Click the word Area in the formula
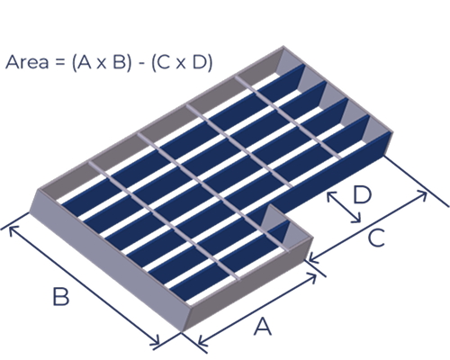[27, 62]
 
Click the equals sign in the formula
[59, 63]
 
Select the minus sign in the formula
[141, 63]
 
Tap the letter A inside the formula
[85, 62]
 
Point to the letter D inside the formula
[199, 62]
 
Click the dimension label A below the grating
[263, 327]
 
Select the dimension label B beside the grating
[61, 297]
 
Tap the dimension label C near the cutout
[376, 238]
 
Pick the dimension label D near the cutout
[363, 194]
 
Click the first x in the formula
[102, 64]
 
